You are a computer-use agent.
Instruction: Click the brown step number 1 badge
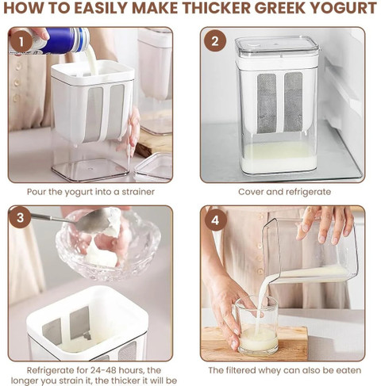[21, 42]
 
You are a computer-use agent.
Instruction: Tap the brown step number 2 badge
[215, 41]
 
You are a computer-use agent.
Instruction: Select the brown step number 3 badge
[21, 218]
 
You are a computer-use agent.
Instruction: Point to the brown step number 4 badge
[216, 220]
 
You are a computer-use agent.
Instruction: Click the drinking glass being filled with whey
[256, 325]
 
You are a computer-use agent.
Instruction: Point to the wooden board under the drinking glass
[254, 343]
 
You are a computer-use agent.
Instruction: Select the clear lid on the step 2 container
[277, 48]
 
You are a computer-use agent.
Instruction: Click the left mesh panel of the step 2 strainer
[267, 103]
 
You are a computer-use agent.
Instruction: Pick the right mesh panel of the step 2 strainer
[293, 101]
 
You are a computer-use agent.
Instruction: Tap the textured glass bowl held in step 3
[108, 246]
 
